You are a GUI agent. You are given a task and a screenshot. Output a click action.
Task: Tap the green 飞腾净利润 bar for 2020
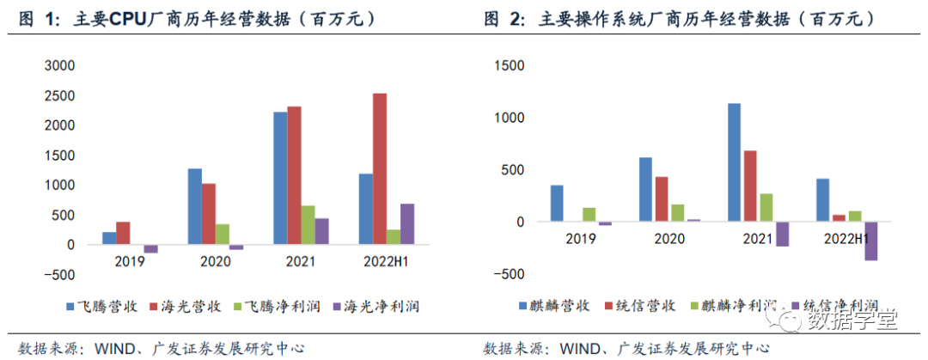(x=222, y=234)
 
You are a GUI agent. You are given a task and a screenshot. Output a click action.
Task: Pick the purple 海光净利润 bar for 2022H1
(x=407, y=223)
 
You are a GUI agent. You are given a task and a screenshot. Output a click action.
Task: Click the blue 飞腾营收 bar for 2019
(x=109, y=238)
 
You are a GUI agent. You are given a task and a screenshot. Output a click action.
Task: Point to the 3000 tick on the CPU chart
(x=58, y=65)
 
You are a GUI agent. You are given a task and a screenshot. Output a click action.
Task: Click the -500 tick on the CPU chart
(x=57, y=275)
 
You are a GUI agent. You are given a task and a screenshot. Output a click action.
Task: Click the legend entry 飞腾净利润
(x=275, y=306)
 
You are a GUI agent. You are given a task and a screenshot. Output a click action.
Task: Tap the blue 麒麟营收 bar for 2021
(x=734, y=162)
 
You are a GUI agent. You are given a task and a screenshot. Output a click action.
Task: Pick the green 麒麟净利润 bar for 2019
(x=589, y=215)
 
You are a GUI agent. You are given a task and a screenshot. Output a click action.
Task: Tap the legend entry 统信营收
(x=644, y=306)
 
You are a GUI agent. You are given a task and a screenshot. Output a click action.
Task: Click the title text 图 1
(x=34, y=18)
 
